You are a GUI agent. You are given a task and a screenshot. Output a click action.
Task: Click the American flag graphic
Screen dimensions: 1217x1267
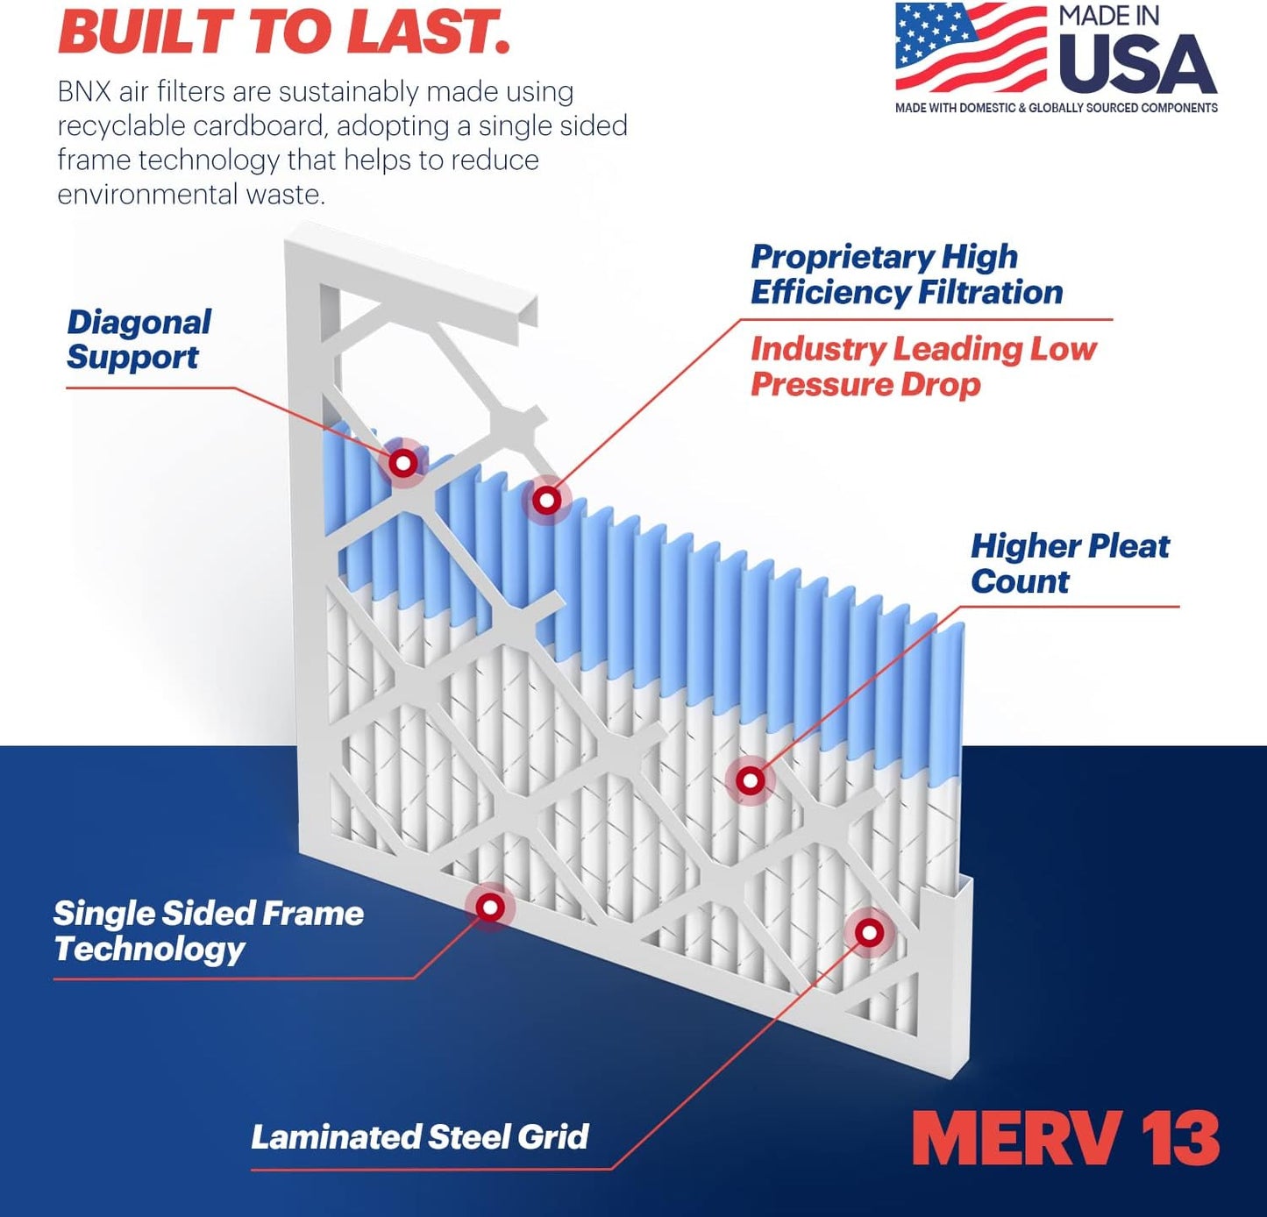pyautogui.click(x=970, y=47)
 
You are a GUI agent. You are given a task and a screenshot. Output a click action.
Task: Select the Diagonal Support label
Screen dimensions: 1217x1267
pyautogui.click(x=139, y=339)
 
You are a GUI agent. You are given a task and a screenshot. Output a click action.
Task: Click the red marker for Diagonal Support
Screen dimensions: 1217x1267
pyautogui.click(x=403, y=462)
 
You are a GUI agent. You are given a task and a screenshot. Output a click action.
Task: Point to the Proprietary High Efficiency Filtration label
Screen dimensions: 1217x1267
pyautogui.click(x=906, y=274)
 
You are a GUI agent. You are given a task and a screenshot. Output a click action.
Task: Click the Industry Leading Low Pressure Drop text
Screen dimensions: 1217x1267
pyautogui.click(x=922, y=367)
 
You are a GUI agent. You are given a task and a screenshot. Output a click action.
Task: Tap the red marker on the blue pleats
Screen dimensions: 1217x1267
pyautogui.click(x=547, y=501)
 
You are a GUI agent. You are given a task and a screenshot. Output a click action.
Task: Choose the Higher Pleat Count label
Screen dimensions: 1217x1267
pyautogui.click(x=1069, y=563)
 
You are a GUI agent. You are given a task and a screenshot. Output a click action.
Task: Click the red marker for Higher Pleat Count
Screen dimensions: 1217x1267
pyautogui.click(x=750, y=780)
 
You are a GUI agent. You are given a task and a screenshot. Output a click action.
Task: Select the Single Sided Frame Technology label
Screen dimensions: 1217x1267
pyautogui.click(x=208, y=930)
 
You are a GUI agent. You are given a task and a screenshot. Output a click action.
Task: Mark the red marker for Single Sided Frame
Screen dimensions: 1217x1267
pyautogui.click(x=490, y=907)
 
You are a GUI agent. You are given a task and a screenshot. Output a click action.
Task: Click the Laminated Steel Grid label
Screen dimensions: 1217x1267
pyautogui.click(x=419, y=1137)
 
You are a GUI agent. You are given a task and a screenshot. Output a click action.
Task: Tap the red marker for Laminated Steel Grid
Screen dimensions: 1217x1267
pyautogui.click(x=869, y=932)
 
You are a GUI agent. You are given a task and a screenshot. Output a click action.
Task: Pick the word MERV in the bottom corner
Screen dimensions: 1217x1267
pyautogui.click(x=1016, y=1138)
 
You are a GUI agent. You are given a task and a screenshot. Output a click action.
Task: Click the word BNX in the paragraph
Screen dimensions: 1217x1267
pyautogui.click(x=83, y=91)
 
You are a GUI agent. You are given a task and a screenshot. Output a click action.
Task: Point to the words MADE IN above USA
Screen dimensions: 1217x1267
pyautogui.click(x=1108, y=16)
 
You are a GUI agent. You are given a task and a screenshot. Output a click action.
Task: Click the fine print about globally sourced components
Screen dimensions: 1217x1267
pyautogui.click(x=1056, y=108)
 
